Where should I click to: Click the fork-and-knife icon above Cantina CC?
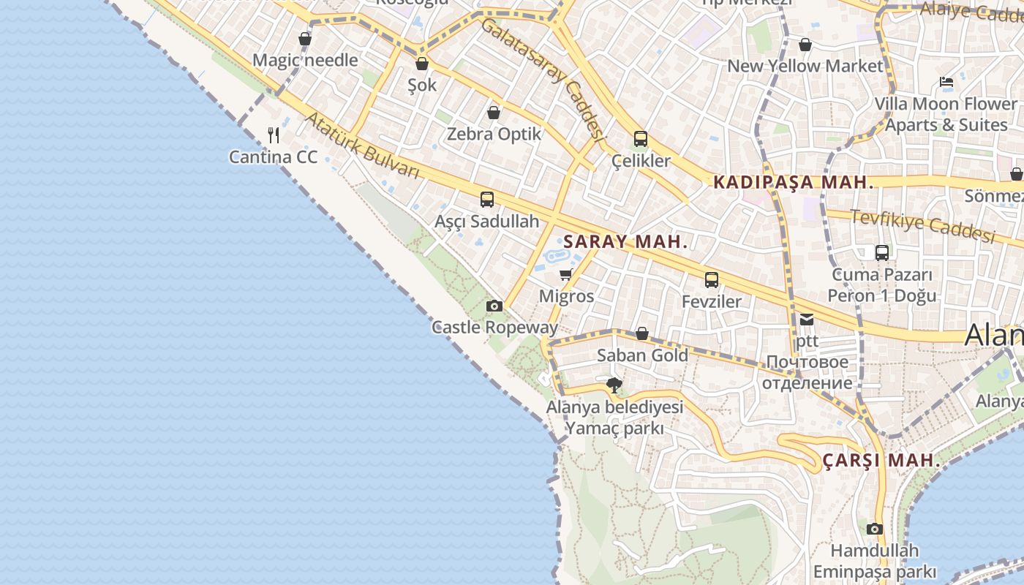[x=274, y=135]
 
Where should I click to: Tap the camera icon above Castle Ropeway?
[x=494, y=306]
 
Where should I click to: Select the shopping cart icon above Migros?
[x=565, y=275]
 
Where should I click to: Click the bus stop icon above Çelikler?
[x=640, y=138]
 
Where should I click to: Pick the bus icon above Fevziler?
[x=711, y=279]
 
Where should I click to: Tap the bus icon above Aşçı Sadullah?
[x=486, y=199]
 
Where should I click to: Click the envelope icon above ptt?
[x=806, y=319]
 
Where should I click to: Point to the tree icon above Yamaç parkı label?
[x=614, y=385]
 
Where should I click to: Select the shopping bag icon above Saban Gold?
[x=641, y=333]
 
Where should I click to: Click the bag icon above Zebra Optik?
[x=494, y=112]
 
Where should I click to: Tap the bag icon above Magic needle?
[x=305, y=39]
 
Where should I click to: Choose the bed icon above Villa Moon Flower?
[x=946, y=82]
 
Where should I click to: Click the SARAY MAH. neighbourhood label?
[x=625, y=241]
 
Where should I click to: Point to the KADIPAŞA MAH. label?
[x=794, y=182]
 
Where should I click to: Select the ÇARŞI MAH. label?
[x=881, y=461]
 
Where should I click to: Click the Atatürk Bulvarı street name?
[x=362, y=146]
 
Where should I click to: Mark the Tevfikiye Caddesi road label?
[x=923, y=225]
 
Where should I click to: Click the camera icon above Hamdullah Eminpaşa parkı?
[x=874, y=529]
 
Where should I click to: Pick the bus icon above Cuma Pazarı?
[x=882, y=253]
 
